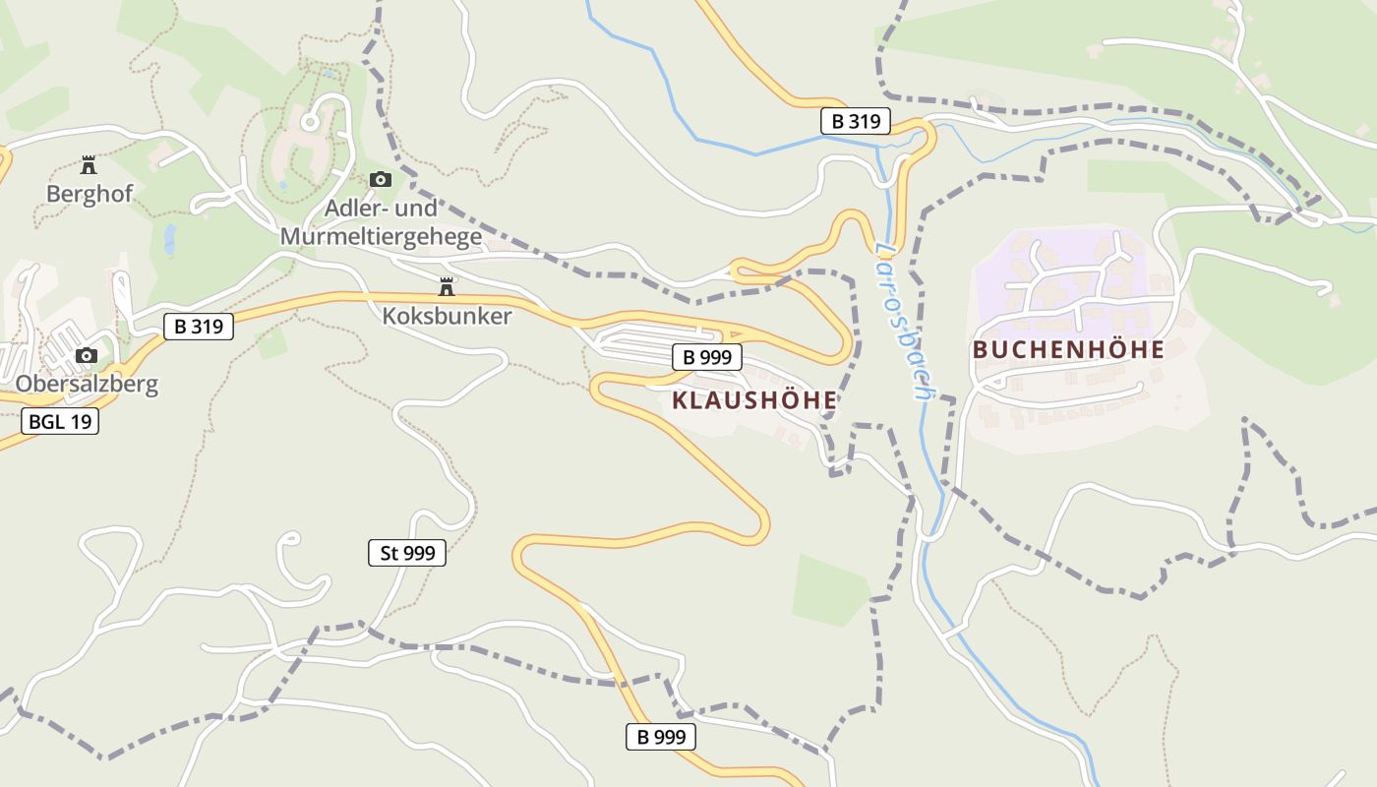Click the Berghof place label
[89, 194]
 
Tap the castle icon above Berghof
[89, 164]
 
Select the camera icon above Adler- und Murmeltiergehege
[381, 179]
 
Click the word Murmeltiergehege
[381, 237]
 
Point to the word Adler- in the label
[353, 210]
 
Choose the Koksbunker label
[447, 316]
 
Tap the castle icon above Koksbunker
[447, 287]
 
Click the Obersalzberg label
[87, 384]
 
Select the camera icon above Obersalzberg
[87, 355]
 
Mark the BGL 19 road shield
[59, 422]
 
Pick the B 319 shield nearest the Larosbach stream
[855, 121]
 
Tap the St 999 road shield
[407, 553]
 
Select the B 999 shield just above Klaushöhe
[706, 357]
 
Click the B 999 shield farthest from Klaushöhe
[660, 736]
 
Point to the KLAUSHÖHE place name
[754, 400]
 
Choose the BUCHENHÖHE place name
[1068, 349]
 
